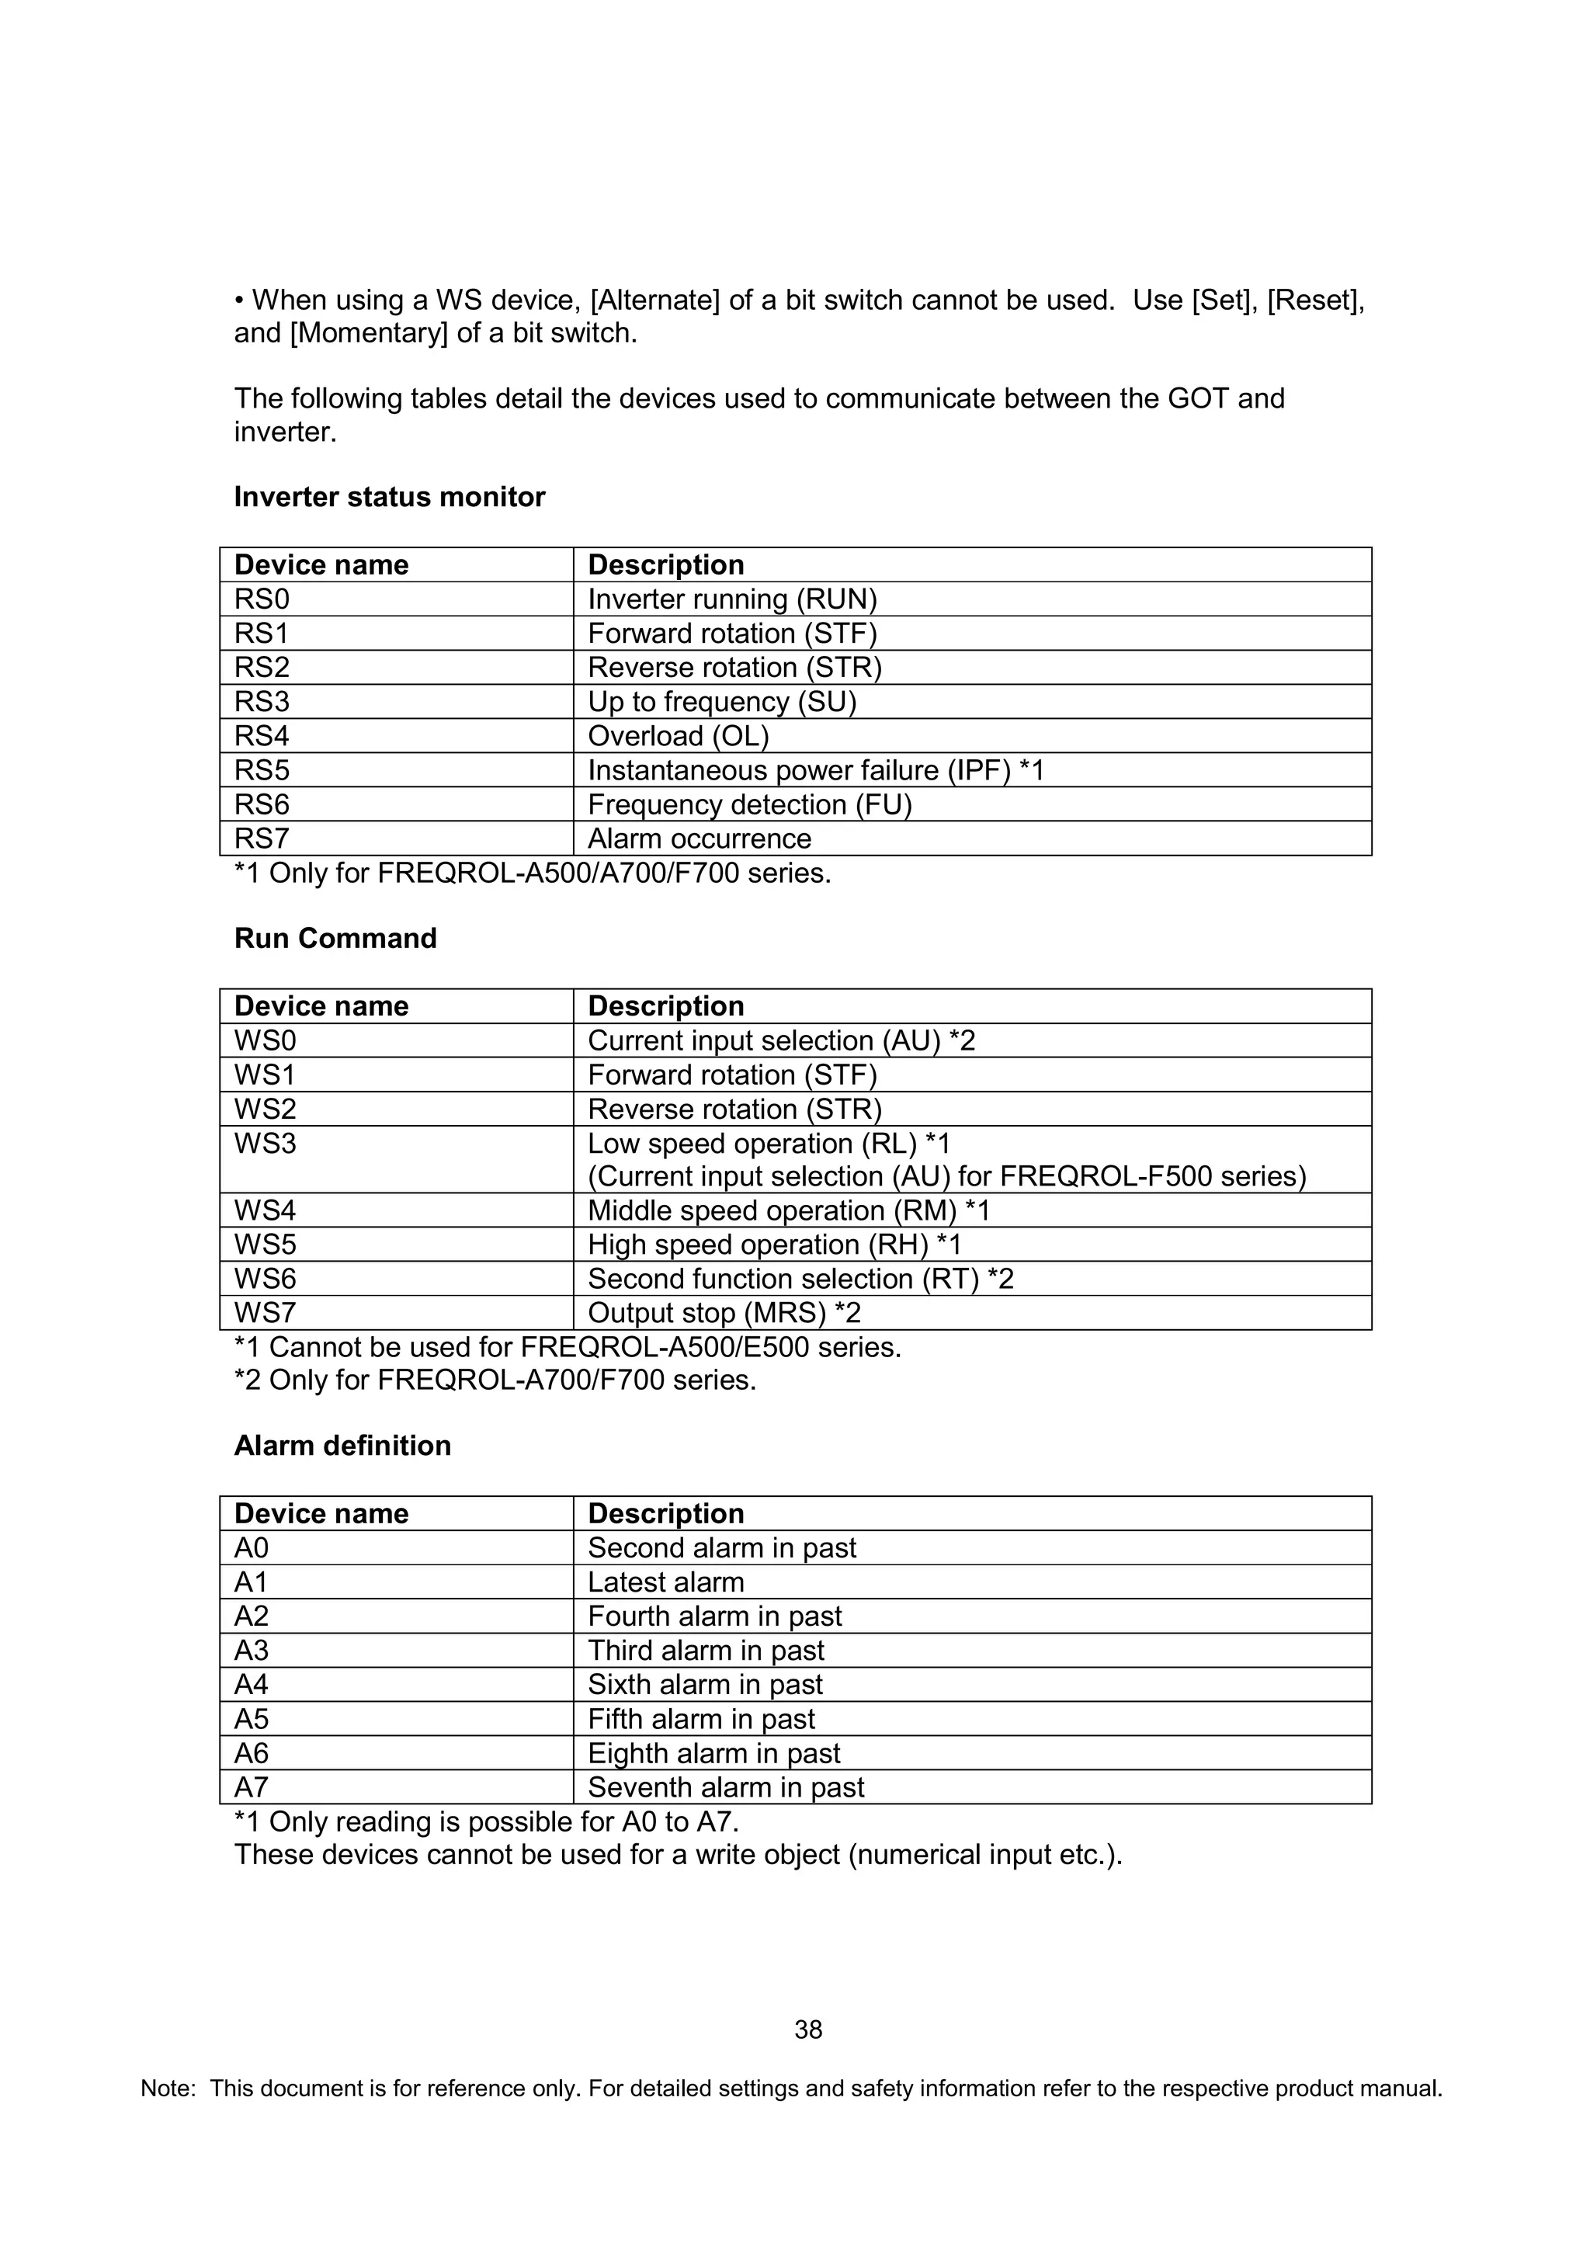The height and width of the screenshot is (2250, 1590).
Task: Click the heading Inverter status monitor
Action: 389,497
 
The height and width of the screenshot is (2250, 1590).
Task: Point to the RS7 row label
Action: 262,839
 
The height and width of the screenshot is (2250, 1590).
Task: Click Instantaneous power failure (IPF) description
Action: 815,770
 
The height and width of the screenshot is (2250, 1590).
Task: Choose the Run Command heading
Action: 335,938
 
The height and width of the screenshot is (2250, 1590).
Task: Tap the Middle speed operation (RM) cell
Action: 788,1210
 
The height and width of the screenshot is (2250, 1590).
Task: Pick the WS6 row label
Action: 265,1279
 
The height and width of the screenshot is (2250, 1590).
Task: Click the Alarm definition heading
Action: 342,1446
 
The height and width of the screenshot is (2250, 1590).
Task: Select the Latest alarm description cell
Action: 665,1582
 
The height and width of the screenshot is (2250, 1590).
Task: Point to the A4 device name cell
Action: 251,1685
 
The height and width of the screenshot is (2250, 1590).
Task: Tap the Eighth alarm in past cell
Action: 713,1753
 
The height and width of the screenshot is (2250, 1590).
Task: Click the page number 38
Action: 808,2030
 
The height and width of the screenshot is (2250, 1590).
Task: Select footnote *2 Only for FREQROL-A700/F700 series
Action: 495,1380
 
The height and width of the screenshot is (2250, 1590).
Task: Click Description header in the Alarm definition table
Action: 665,1513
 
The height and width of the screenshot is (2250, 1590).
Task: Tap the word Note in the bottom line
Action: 168,2089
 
